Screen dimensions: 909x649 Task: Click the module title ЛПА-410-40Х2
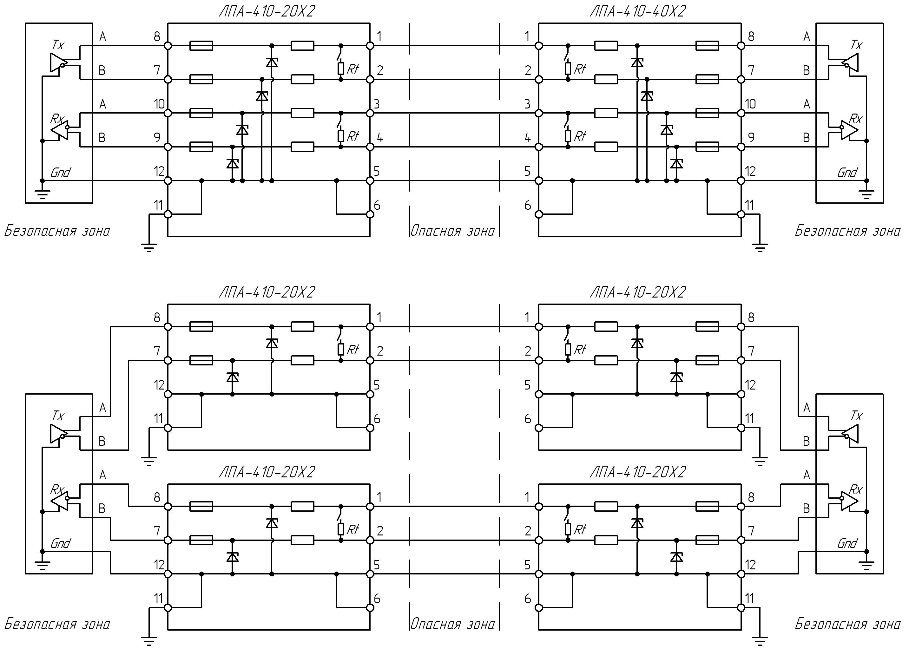638,11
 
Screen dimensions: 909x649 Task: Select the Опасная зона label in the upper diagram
452,231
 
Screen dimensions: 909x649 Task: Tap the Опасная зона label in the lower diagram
452,624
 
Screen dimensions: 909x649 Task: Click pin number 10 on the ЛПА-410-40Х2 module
751,104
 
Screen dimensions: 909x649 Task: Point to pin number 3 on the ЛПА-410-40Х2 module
527,104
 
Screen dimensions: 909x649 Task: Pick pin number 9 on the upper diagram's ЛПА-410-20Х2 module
157,137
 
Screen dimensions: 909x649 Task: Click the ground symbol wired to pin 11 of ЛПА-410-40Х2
760,248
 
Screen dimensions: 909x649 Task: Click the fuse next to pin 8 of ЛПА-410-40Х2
707,46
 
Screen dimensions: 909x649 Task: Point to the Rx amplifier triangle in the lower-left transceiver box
59,498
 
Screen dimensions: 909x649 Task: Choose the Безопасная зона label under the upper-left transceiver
57,231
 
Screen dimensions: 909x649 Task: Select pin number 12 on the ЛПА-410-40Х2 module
751,171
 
